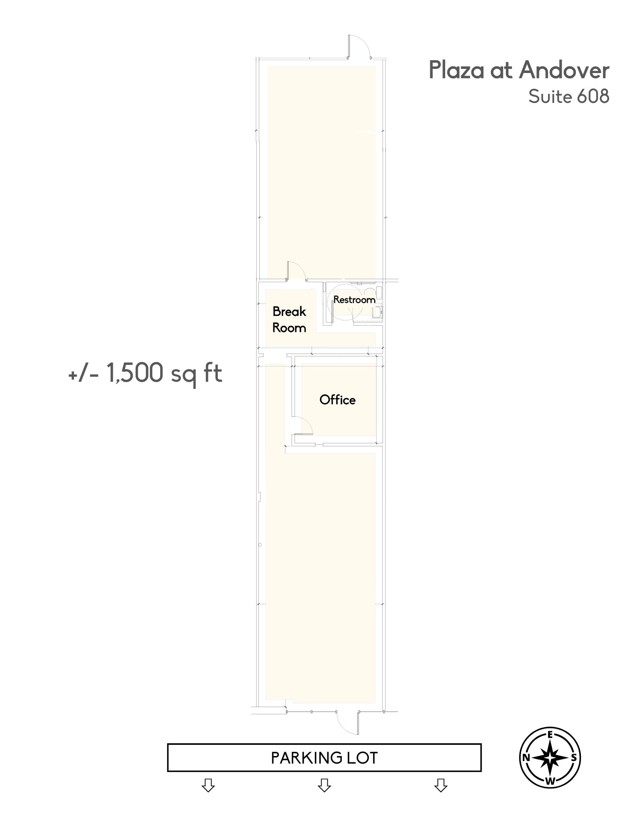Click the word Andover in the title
tap(564, 70)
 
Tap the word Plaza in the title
tap(456, 70)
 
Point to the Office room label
tap(337, 400)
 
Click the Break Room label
tap(289, 320)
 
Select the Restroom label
tap(354, 300)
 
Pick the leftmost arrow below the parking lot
tap(208, 785)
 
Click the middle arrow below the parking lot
tap(324, 785)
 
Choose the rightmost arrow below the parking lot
tap(441, 785)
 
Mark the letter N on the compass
tap(526, 758)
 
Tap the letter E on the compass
tap(550, 735)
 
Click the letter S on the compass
tap(574, 758)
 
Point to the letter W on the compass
tap(550, 781)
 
